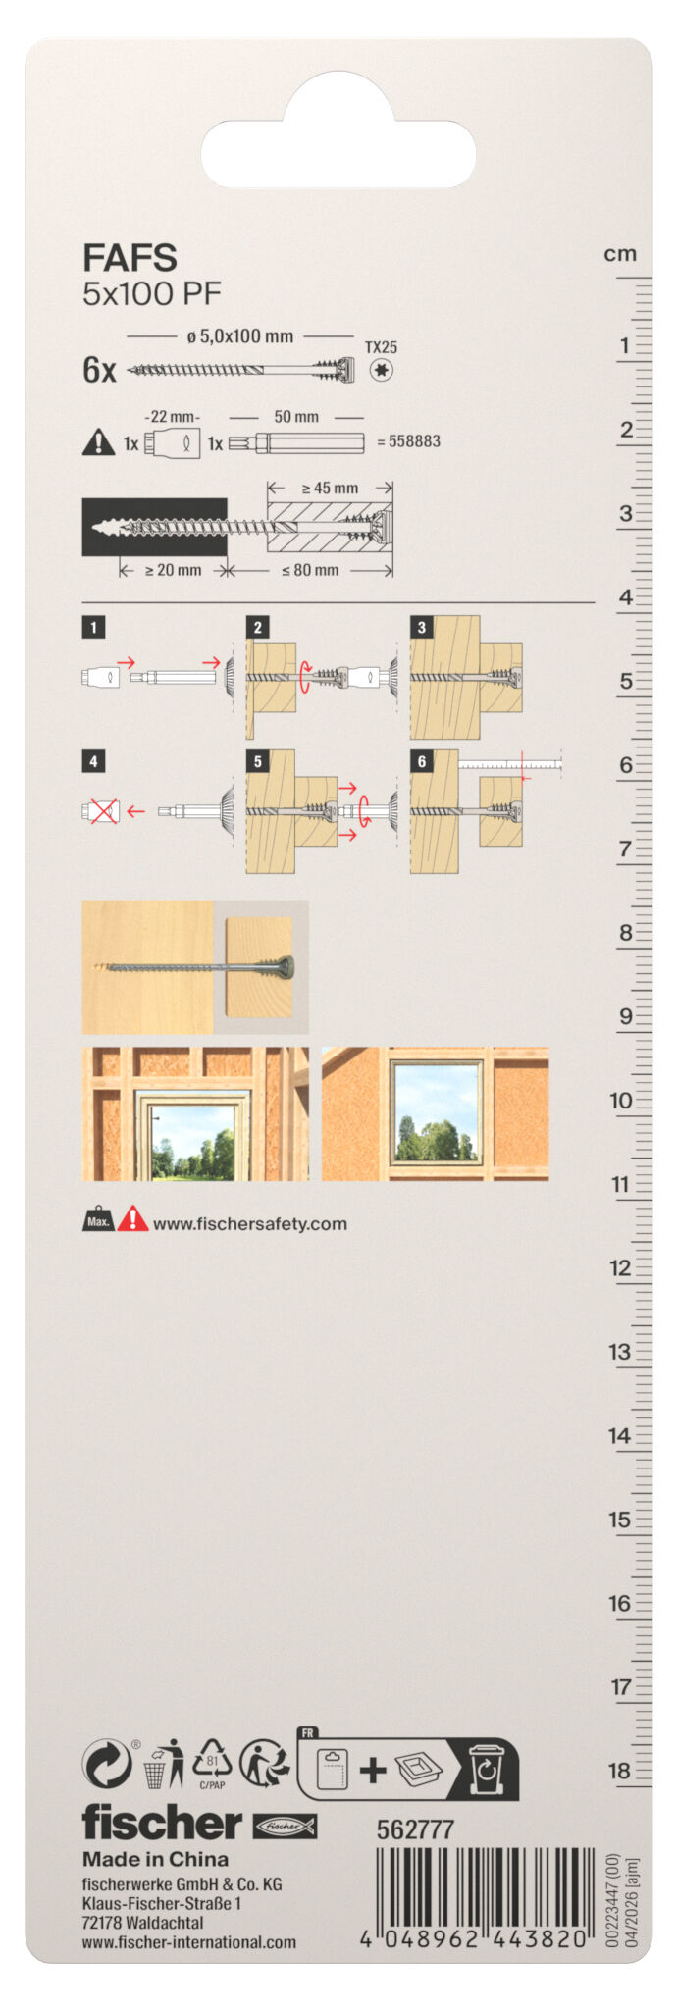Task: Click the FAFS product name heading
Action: [130, 258]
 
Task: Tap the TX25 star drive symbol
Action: [382, 370]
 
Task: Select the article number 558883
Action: [414, 441]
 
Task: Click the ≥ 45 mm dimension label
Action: [330, 488]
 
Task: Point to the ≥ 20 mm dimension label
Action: [173, 570]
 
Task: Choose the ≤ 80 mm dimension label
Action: [310, 570]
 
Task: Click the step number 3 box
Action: [422, 628]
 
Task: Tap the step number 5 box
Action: [257, 761]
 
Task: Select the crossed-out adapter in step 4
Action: [101, 811]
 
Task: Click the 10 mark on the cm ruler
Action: [620, 1101]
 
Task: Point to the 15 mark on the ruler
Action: [620, 1520]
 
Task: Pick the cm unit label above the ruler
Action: [620, 254]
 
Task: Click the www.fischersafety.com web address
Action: [250, 1224]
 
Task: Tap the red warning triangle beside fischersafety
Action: [132, 1219]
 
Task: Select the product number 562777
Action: [415, 1829]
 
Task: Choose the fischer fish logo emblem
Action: [285, 1826]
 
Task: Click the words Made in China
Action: [155, 1859]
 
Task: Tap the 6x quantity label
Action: [99, 370]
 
